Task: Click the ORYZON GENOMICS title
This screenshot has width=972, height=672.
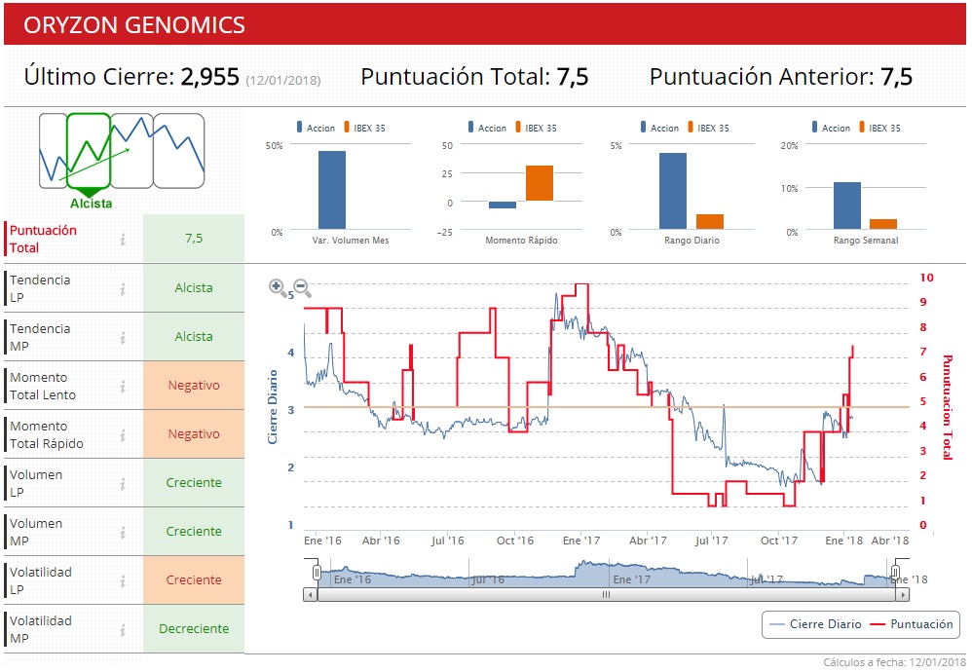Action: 134,25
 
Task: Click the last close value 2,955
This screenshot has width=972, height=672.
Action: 209,77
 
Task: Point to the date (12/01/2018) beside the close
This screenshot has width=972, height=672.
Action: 282,80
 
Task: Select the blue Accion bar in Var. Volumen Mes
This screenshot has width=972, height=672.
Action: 331,190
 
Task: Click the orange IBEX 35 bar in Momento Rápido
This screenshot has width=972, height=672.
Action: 540,183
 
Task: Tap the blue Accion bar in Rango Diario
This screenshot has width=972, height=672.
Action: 672,191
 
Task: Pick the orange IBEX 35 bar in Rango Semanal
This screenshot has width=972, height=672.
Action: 883,224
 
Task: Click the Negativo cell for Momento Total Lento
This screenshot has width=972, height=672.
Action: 193,386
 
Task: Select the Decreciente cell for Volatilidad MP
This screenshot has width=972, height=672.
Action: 193,629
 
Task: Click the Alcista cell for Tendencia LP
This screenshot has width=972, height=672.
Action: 193,288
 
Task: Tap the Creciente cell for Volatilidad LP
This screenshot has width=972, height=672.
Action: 193,580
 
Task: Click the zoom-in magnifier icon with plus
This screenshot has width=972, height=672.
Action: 278,287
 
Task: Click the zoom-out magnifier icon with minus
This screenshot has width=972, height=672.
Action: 302,287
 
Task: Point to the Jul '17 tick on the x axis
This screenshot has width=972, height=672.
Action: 712,541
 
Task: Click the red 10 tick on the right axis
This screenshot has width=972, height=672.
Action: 926,278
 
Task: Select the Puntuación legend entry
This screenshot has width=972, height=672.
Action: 911,624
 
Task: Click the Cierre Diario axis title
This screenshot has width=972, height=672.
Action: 274,407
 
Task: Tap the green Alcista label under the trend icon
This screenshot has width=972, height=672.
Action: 91,204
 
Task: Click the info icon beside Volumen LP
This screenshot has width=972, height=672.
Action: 123,483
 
